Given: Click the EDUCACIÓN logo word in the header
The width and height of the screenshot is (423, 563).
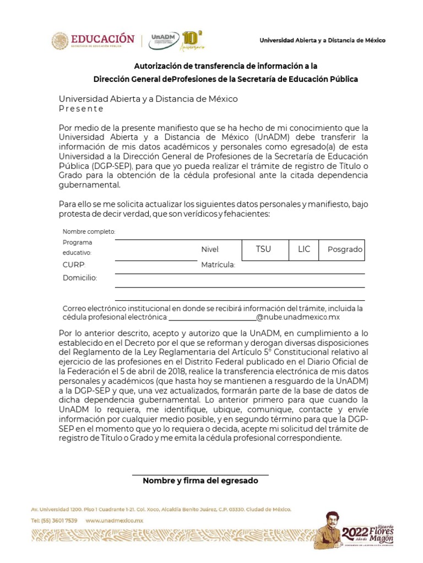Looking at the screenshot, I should tap(102, 38).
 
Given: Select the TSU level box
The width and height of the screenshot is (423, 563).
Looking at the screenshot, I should tap(263, 250).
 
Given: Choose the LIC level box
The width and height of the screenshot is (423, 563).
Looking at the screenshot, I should tap(304, 250).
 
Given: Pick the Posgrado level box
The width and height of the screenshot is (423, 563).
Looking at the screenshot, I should tap(345, 250).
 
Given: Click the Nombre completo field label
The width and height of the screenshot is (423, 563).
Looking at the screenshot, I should tap(89, 231).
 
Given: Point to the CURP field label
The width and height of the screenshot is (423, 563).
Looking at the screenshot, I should tap(74, 264).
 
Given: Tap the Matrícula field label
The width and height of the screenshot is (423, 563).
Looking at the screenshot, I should tap(218, 265).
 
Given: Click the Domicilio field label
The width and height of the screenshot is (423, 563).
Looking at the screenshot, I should tap(79, 278).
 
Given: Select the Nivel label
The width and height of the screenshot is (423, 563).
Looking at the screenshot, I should tap(210, 250).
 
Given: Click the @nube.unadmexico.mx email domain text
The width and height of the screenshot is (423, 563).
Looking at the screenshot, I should tap(298, 318).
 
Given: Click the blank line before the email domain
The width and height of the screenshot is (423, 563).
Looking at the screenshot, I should tap(212, 318).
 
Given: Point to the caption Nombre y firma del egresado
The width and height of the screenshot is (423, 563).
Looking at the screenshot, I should tap(200, 481).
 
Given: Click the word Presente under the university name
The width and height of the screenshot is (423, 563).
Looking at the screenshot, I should tap(81, 109).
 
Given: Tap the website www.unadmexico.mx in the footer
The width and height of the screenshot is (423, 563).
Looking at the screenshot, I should tap(114, 520).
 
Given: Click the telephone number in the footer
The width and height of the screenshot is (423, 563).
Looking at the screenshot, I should tap(54, 520).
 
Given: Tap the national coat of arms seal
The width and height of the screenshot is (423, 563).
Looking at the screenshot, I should tap(60, 41).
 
